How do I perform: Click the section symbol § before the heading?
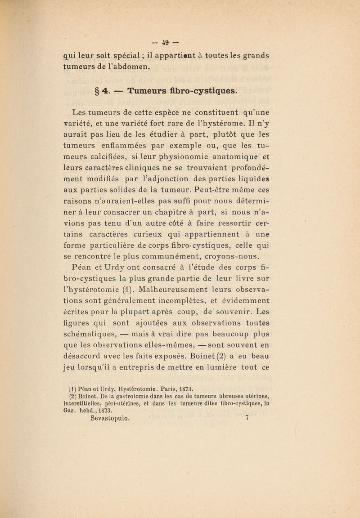pos(95,91)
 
